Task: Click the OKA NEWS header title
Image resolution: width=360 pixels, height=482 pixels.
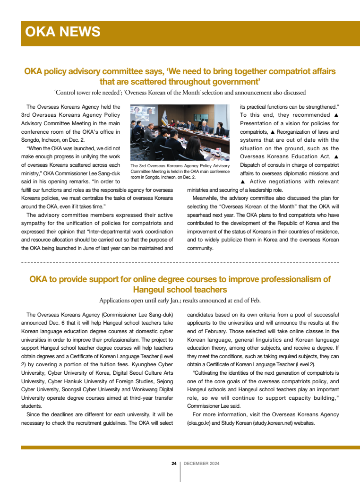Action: click(x=63, y=32)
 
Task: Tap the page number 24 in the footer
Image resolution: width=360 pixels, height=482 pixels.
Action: click(x=174, y=464)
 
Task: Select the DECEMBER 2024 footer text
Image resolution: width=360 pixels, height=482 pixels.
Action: click(x=201, y=464)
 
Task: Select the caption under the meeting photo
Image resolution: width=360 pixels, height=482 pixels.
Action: click(x=180, y=172)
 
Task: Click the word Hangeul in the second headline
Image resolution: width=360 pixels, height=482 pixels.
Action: click(x=153, y=289)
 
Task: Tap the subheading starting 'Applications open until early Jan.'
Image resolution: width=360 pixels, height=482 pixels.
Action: click(x=180, y=300)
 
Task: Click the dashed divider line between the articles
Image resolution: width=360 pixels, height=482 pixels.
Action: click(x=180, y=262)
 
